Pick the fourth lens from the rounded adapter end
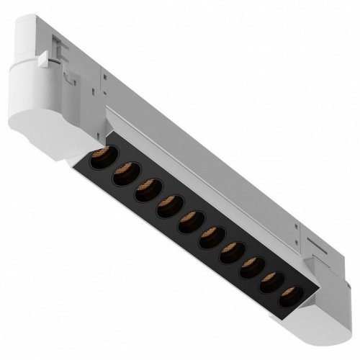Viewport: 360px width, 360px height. (x=168, y=209)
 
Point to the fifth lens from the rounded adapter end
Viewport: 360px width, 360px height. (x=189, y=225)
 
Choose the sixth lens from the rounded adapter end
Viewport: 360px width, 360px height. (x=210, y=240)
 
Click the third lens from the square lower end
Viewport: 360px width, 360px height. (x=250, y=268)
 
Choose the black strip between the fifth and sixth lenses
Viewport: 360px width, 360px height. (x=199, y=233)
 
